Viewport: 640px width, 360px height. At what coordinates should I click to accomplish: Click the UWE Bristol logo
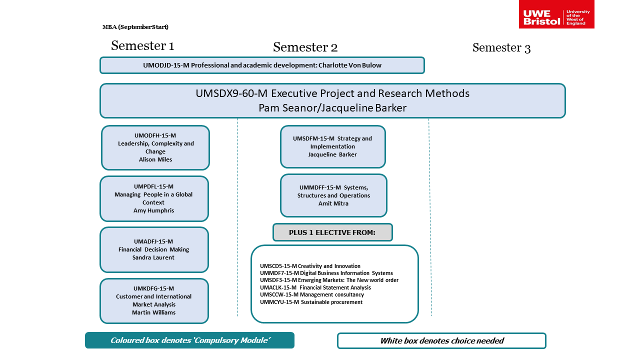pyautogui.click(x=556, y=14)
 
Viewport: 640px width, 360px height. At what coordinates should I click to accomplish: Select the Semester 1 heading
pyautogui.click(x=142, y=46)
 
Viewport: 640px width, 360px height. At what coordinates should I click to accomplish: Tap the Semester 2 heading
pyautogui.click(x=305, y=47)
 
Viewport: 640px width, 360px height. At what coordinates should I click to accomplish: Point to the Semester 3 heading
pyautogui.click(x=501, y=48)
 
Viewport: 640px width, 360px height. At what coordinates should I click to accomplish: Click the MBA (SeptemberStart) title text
pyautogui.click(x=135, y=27)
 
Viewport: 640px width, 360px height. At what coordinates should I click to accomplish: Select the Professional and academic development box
pyautogui.click(x=262, y=65)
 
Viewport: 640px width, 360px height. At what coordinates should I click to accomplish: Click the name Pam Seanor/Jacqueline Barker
pyautogui.click(x=332, y=108)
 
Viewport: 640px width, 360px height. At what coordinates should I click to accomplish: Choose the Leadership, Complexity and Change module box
pyautogui.click(x=155, y=147)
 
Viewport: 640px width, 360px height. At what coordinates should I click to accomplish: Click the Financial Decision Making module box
pyautogui.click(x=154, y=249)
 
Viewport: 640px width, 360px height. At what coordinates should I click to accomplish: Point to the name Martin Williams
pyautogui.click(x=153, y=312)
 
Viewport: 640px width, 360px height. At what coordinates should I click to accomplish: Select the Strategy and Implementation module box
pyautogui.click(x=332, y=146)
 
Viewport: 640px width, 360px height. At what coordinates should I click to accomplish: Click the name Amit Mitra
pyautogui.click(x=333, y=203)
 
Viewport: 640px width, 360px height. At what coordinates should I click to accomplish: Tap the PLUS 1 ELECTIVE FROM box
pyautogui.click(x=332, y=232)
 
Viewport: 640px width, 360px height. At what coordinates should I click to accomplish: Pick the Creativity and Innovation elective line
pyautogui.click(x=310, y=266)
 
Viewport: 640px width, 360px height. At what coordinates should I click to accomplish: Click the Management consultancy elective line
pyautogui.click(x=312, y=294)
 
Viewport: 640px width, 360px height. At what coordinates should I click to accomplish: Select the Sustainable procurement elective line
pyautogui.click(x=311, y=302)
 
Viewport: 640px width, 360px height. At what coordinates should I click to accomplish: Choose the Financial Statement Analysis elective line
pyautogui.click(x=315, y=287)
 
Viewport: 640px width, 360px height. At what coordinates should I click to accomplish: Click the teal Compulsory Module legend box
pyautogui.click(x=190, y=340)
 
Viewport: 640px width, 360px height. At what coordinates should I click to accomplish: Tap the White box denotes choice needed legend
pyautogui.click(x=441, y=341)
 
